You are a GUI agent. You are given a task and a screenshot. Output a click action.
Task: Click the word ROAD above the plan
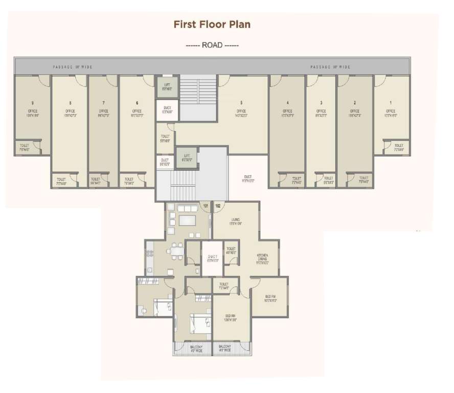[212, 45]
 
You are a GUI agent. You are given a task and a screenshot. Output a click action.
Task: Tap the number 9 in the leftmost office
[32, 103]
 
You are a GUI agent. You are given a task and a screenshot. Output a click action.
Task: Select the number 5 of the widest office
[241, 103]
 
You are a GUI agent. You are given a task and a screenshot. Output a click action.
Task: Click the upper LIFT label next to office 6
[167, 85]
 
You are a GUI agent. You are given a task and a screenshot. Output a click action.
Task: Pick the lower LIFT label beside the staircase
[187, 156]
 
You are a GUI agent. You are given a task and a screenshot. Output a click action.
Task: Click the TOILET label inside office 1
[399, 147]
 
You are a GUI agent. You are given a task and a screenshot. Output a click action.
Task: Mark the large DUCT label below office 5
[247, 178]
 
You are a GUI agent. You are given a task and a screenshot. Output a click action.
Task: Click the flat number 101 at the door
[206, 206]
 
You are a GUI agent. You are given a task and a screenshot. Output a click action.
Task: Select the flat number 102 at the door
[217, 206]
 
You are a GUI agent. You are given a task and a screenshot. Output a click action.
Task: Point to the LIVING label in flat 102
[235, 220]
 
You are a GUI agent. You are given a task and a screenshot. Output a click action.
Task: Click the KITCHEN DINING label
[263, 257]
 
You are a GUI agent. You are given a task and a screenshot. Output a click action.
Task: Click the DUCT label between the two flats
[212, 258]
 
